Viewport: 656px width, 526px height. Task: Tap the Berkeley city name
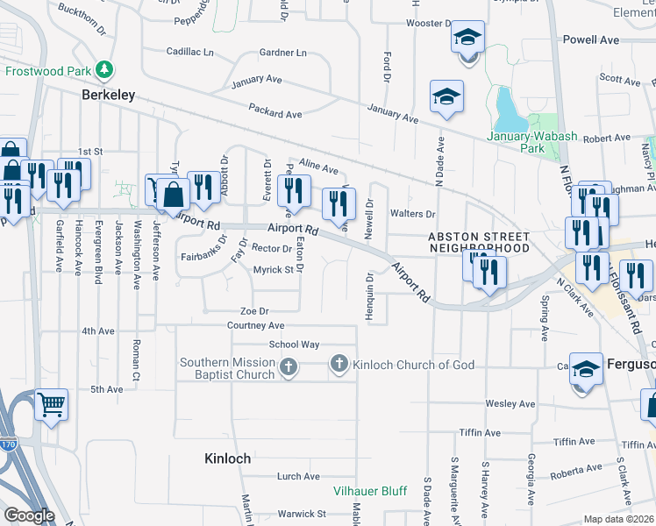click(x=109, y=95)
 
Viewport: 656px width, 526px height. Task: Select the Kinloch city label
click(x=227, y=458)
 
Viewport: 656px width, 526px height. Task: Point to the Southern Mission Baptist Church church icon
click(x=289, y=369)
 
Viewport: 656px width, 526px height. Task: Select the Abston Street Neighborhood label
click(x=479, y=243)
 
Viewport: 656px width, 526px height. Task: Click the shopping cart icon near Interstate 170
click(x=53, y=405)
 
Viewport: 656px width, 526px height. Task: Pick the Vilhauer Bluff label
click(x=369, y=491)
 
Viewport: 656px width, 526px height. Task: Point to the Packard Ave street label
click(x=275, y=114)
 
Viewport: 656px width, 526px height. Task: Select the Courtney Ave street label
click(x=257, y=325)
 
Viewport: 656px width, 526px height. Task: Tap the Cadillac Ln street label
click(x=189, y=53)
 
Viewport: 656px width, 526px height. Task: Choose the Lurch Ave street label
click(x=298, y=476)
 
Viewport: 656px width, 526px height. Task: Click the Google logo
click(x=29, y=516)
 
